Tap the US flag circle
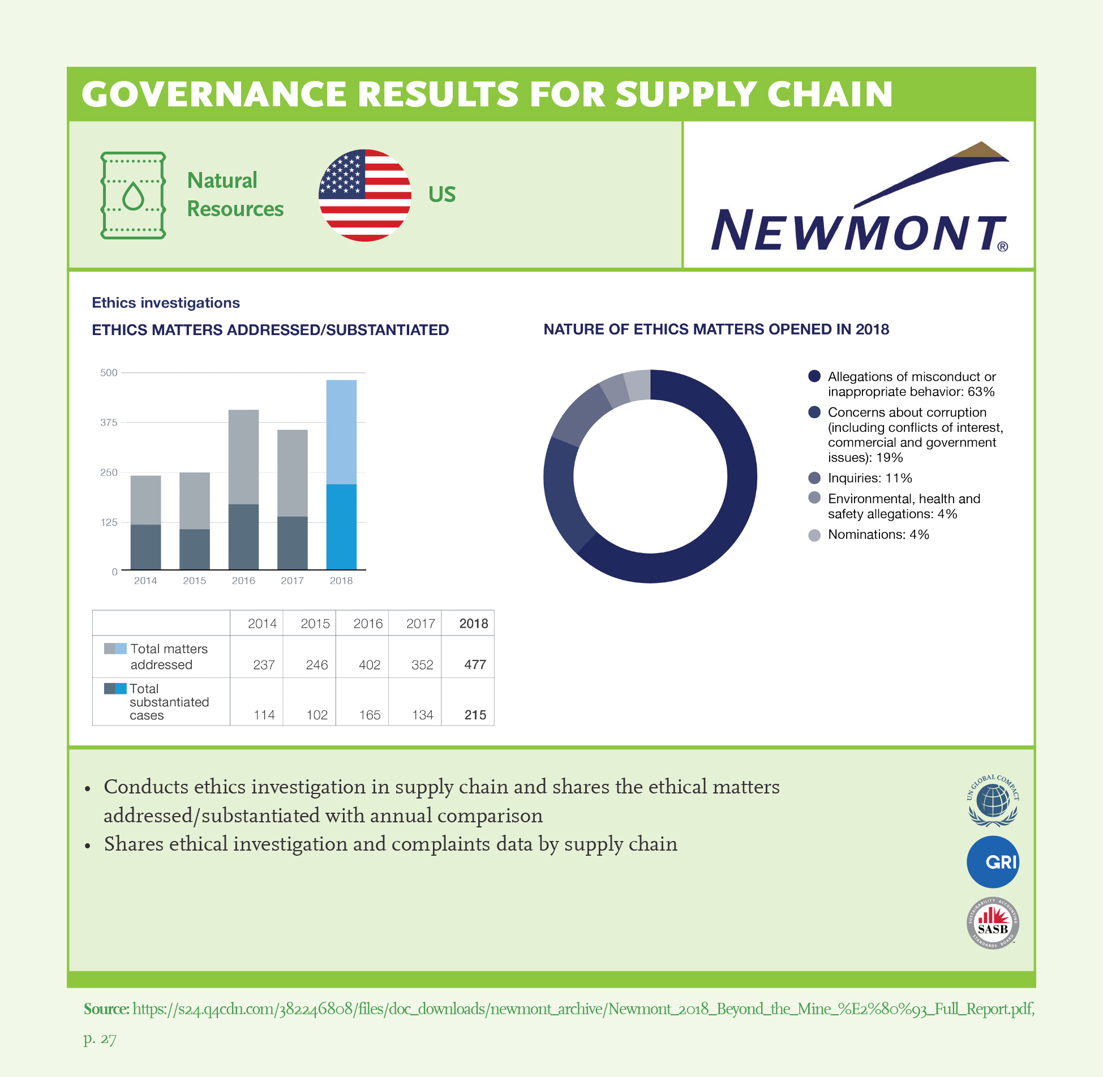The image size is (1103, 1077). [x=365, y=195]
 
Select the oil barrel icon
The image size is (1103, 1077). [x=133, y=195]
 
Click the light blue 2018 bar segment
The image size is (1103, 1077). [x=341, y=432]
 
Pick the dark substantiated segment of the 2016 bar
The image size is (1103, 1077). [x=243, y=537]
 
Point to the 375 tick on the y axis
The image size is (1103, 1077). [x=109, y=423]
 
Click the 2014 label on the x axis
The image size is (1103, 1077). [x=145, y=581]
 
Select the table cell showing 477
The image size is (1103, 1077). [x=475, y=664]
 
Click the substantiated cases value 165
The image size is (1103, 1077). [x=370, y=715]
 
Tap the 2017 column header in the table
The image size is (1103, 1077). [x=420, y=624]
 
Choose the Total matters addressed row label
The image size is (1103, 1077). [x=169, y=657]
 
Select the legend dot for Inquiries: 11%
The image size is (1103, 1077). [x=814, y=478]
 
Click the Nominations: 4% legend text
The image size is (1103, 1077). [x=878, y=535]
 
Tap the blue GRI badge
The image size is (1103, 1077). [x=993, y=862]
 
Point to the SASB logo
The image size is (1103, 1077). [x=993, y=923]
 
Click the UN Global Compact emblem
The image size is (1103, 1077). [x=993, y=800]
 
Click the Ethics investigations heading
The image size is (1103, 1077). [x=166, y=303]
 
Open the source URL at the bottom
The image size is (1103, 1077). [x=583, y=1009]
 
